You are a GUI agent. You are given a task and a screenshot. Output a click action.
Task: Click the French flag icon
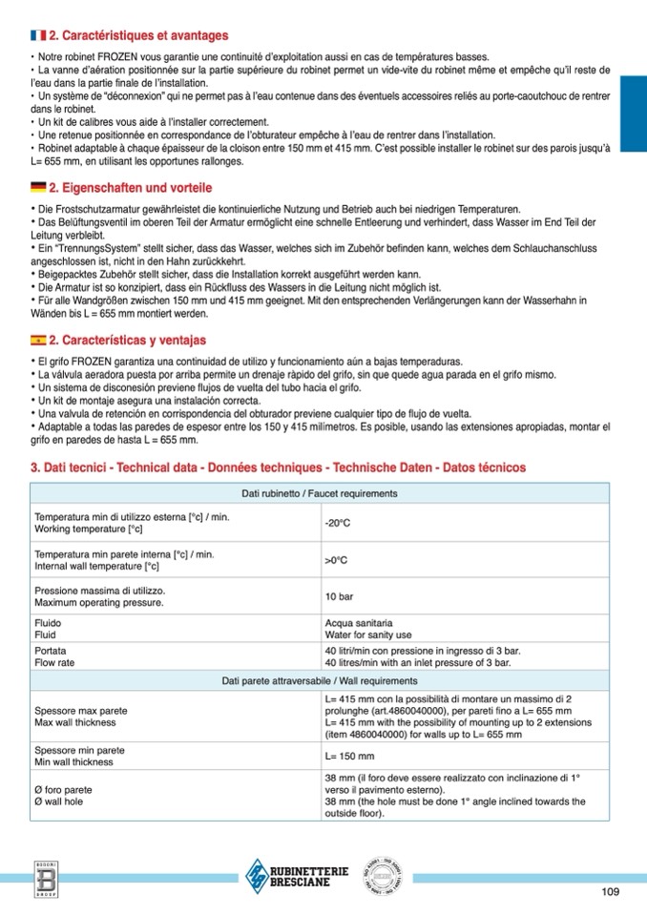(x=38, y=35)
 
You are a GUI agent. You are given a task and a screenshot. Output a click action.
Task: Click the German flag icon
(x=38, y=187)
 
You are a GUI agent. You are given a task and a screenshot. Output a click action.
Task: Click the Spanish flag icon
(x=38, y=340)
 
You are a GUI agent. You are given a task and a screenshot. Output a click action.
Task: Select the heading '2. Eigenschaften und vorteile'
(x=130, y=187)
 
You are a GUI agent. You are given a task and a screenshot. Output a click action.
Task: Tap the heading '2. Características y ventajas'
(x=127, y=340)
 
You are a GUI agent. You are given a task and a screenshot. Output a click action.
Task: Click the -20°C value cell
(x=338, y=524)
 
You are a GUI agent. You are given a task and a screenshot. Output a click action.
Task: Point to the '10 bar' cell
(x=339, y=596)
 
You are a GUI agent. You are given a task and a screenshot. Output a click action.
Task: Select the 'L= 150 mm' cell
(x=349, y=756)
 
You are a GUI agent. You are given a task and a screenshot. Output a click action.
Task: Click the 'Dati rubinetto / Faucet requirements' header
(x=320, y=493)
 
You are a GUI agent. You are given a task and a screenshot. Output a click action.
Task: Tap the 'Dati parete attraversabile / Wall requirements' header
(x=320, y=680)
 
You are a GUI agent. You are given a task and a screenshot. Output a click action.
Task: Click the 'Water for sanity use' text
(x=368, y=634)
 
